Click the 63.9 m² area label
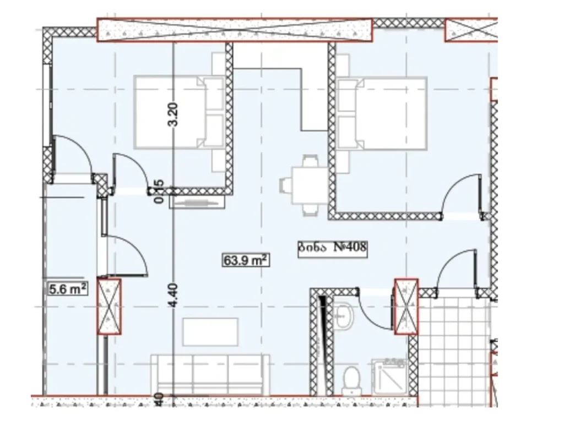pos(246,260)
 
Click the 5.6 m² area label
pos(68,288)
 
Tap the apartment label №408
pos(333,247)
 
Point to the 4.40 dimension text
pos(173,296)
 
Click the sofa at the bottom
pos(210,374)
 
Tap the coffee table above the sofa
pos(210,332)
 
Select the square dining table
pos(310,185)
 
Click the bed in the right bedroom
pos(383,113)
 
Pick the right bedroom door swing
pos(463,195)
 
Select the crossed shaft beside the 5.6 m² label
pos(109,307)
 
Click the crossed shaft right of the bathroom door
pos(406,307)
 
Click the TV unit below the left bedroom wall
pos(197,203)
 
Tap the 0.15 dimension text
pos(159,192)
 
